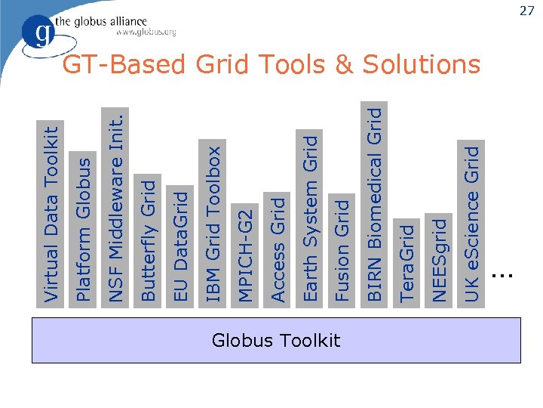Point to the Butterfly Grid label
click(x=149, y=240)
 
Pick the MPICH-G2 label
click(x=246, y=253)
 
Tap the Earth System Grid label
click(x=311, y=218)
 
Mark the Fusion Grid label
click(x=343, y=249)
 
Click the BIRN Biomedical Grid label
click(x=375, y=204)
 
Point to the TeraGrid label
click(x=407, y=261)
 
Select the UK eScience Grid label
click(x=472, y=224)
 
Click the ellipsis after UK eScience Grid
click(x=501, y=277)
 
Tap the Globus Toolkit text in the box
click(x=276, y=341)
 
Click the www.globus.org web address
click(x=146, y=32)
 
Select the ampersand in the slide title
click(x=344, y=65)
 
